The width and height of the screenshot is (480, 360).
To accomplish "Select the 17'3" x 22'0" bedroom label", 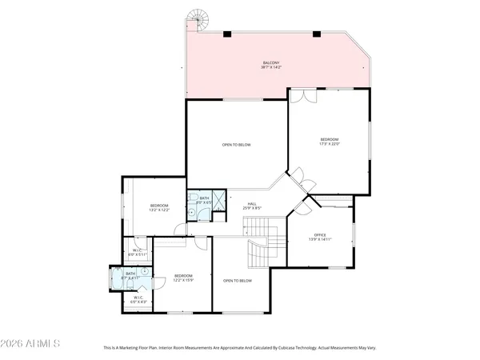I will (330, 142).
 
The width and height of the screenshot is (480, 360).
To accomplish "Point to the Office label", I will (320, 237).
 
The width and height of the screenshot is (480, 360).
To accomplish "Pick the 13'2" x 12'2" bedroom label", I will (159, 208).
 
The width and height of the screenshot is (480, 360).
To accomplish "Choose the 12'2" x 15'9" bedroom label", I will (183, 278).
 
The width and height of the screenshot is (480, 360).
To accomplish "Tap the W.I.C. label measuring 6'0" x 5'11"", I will (136, 253).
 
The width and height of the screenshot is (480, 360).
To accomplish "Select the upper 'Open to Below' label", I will (237, 145).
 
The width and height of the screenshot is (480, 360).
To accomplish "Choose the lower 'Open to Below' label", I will (238, 281).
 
